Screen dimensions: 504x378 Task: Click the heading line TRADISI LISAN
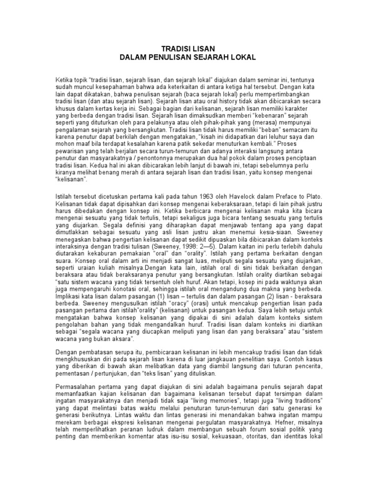point(189,49)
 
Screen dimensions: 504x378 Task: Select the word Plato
point(312,196)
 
